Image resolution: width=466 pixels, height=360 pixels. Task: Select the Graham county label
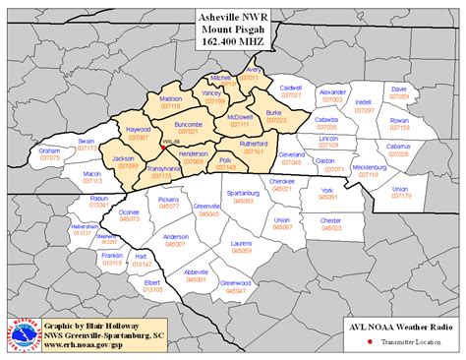click(50, 150)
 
